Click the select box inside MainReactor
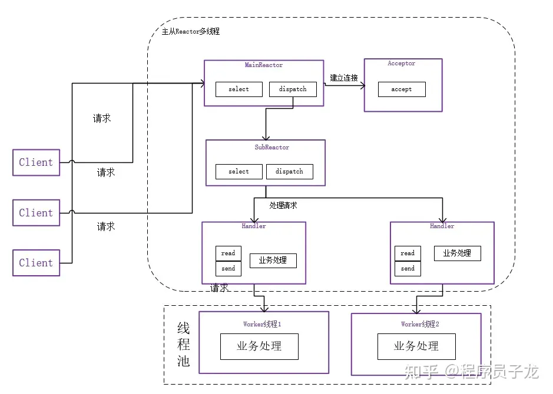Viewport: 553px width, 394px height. (239, 89)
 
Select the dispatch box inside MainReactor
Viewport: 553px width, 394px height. (293, 89)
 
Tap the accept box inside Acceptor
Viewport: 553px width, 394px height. (402, 89)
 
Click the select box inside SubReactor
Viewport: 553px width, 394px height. (239, 172)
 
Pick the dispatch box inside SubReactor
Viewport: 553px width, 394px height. (290, 172)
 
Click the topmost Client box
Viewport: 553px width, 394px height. (36, 162)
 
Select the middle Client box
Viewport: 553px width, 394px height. (36, 213)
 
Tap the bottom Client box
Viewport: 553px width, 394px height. (36, 263)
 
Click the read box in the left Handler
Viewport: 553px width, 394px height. (228, 253)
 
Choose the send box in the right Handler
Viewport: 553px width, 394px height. (408, 268)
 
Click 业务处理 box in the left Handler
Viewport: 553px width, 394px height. (273, 260)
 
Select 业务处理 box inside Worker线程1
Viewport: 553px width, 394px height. (259, 346)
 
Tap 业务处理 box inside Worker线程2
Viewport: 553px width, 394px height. (416, 346)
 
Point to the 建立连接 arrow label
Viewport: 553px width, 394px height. (344, 78)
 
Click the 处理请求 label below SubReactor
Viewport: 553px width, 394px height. (283, 205)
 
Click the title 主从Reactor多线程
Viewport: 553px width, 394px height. (191, 31)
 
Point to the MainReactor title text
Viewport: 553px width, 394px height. (264, 65)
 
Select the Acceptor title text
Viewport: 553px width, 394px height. (401, 64)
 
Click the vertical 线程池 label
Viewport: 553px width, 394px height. (183, 345)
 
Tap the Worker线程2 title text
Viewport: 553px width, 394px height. (420, 324)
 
